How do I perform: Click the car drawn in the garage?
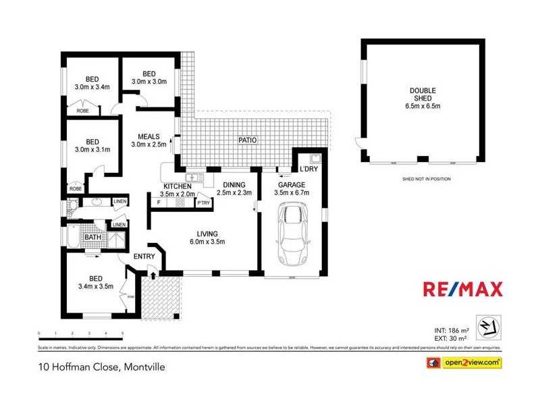(293, 236)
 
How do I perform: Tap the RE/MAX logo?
(462, 290)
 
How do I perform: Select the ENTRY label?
(144, 256)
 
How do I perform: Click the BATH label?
(92, 237)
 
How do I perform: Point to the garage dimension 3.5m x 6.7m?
(292, 193)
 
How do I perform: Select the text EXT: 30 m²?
(450, 338)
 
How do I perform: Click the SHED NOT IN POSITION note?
(425, 179)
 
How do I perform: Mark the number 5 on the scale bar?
(122, 333)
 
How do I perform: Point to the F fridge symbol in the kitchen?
(159, 202)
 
